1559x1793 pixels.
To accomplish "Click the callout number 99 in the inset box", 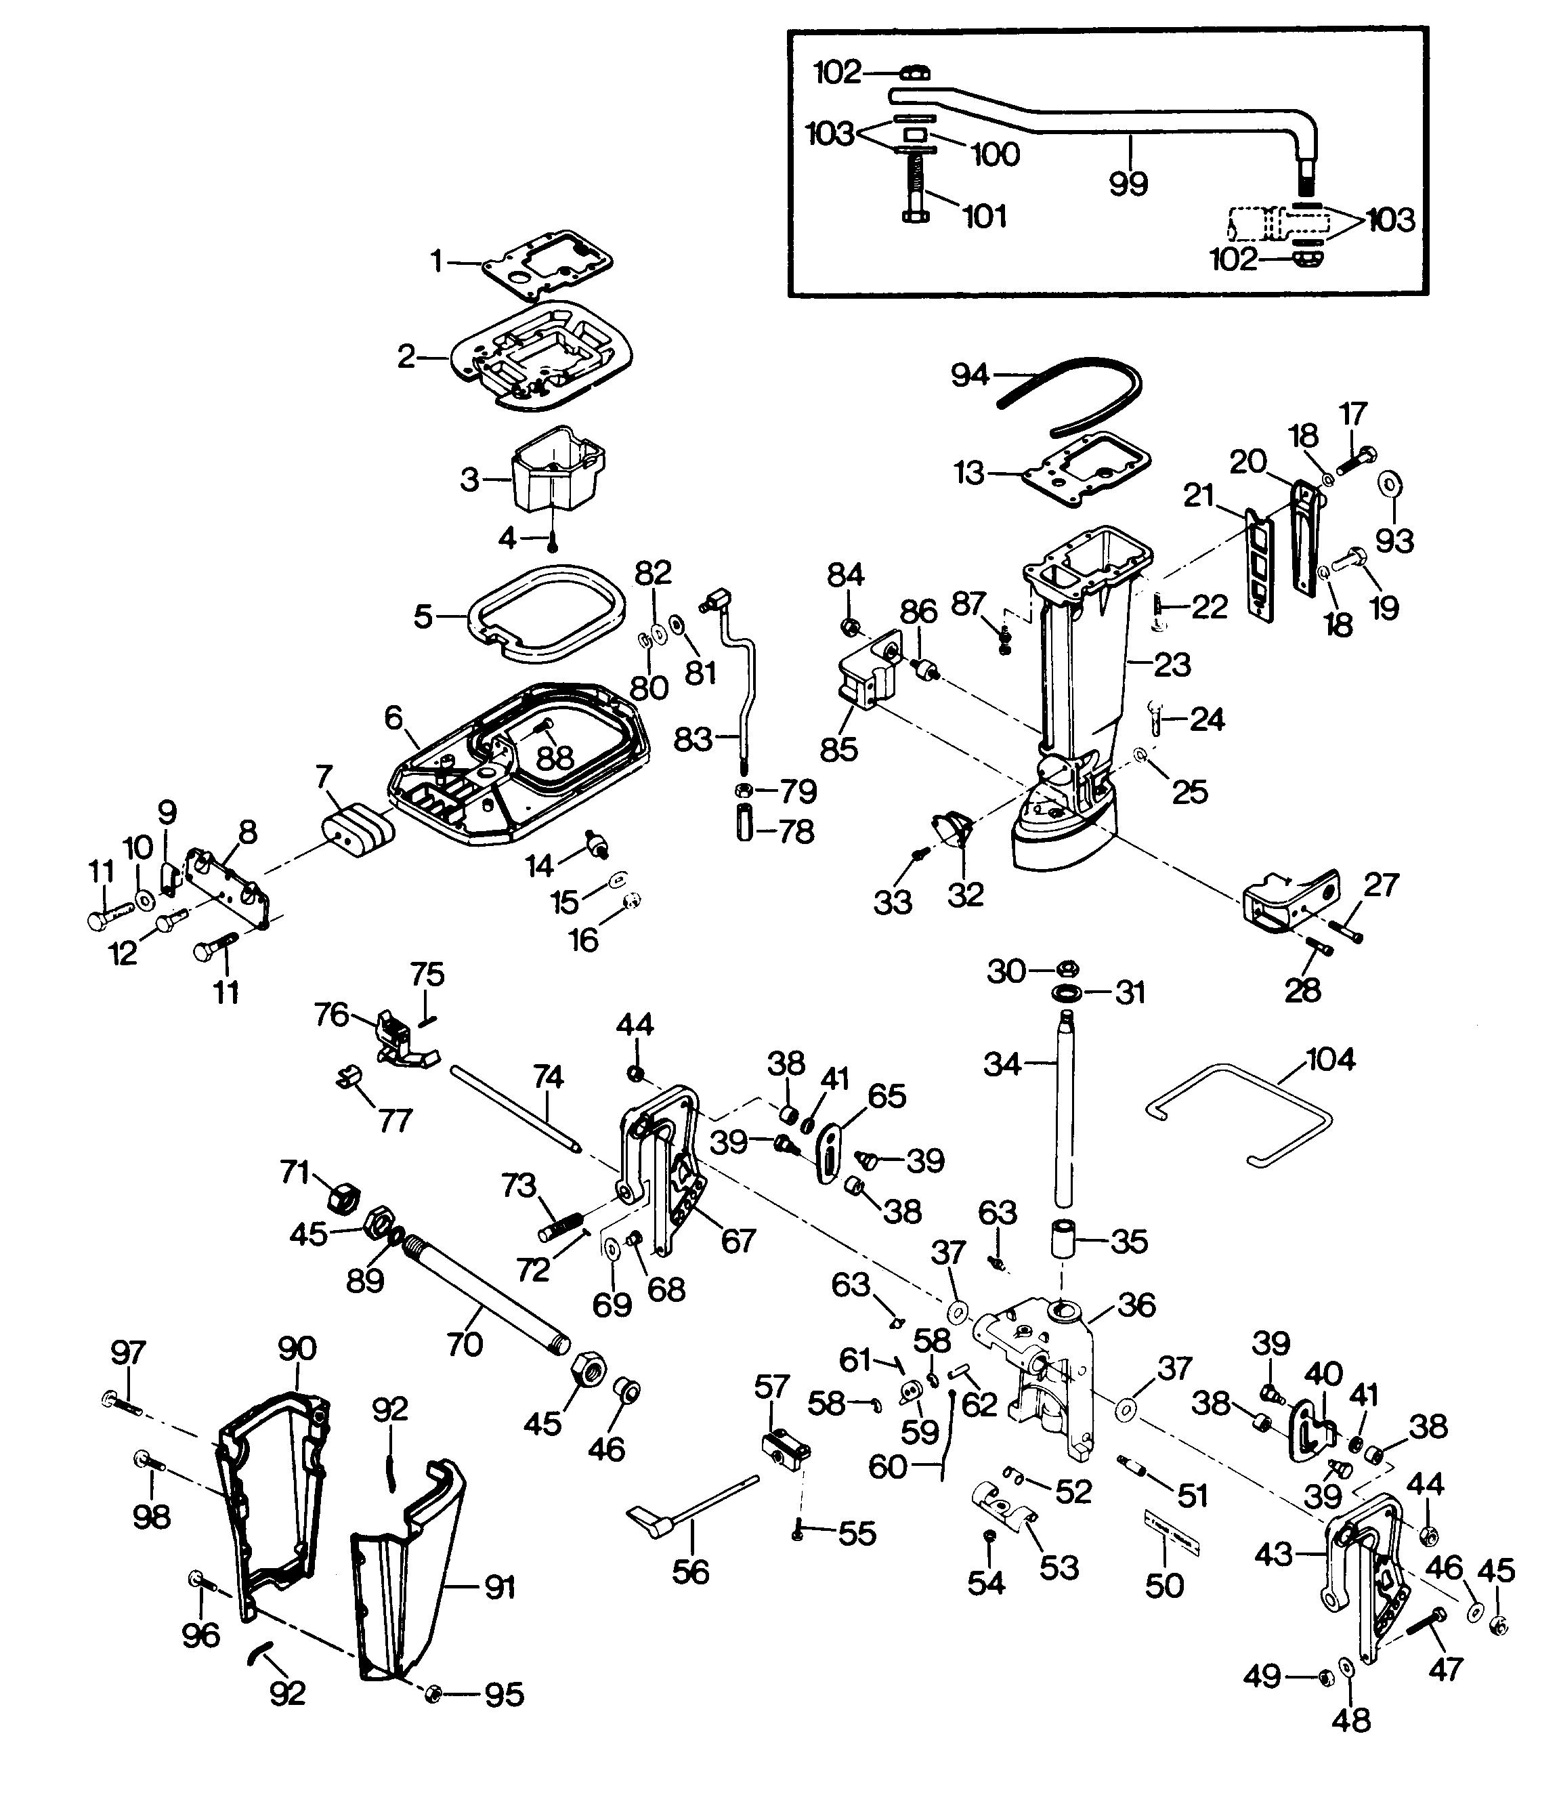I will pyautogui.click(x=1128, y=183).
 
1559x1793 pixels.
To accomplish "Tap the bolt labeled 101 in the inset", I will pyautogui.click(x=914, y=186).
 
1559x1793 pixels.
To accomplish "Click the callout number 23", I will pyautogui.click(x=1172, y=665).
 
